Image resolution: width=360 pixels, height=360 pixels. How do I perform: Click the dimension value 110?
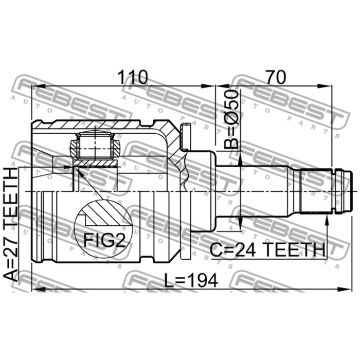pyautogui.click(x=132, y=77)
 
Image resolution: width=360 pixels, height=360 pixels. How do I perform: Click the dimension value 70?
pyautogui.click(x=276, y=77)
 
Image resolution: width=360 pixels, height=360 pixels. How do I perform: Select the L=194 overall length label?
pyautogui.click(x=191, y=280)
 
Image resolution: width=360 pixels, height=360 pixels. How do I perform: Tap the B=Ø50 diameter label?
pyautogui.click(x=231, y=119)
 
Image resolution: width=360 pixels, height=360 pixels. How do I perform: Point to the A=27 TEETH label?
pyautogui.click(x=11, y=225)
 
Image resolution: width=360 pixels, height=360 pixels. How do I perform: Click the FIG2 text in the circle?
pyautogui.click(x=104, y=240)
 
